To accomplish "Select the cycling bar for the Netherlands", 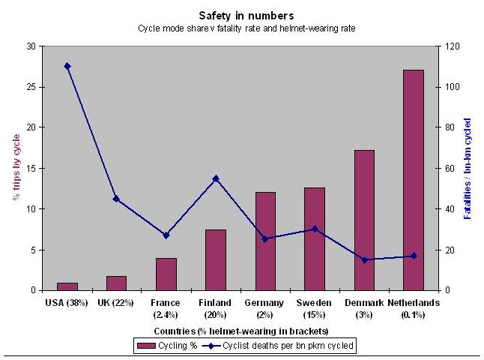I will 413,180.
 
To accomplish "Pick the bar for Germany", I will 265,241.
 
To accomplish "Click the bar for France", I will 166,274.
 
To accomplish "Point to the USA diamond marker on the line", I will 67,66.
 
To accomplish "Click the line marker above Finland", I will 216,178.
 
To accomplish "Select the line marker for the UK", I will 116,199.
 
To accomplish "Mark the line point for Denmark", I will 364,259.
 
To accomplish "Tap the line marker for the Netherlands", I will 413,256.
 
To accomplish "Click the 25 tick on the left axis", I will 30,87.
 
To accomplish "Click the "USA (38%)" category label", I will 67,302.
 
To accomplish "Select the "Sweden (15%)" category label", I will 314,307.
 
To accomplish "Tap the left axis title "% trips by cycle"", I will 14,167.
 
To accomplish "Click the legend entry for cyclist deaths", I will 279,345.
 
